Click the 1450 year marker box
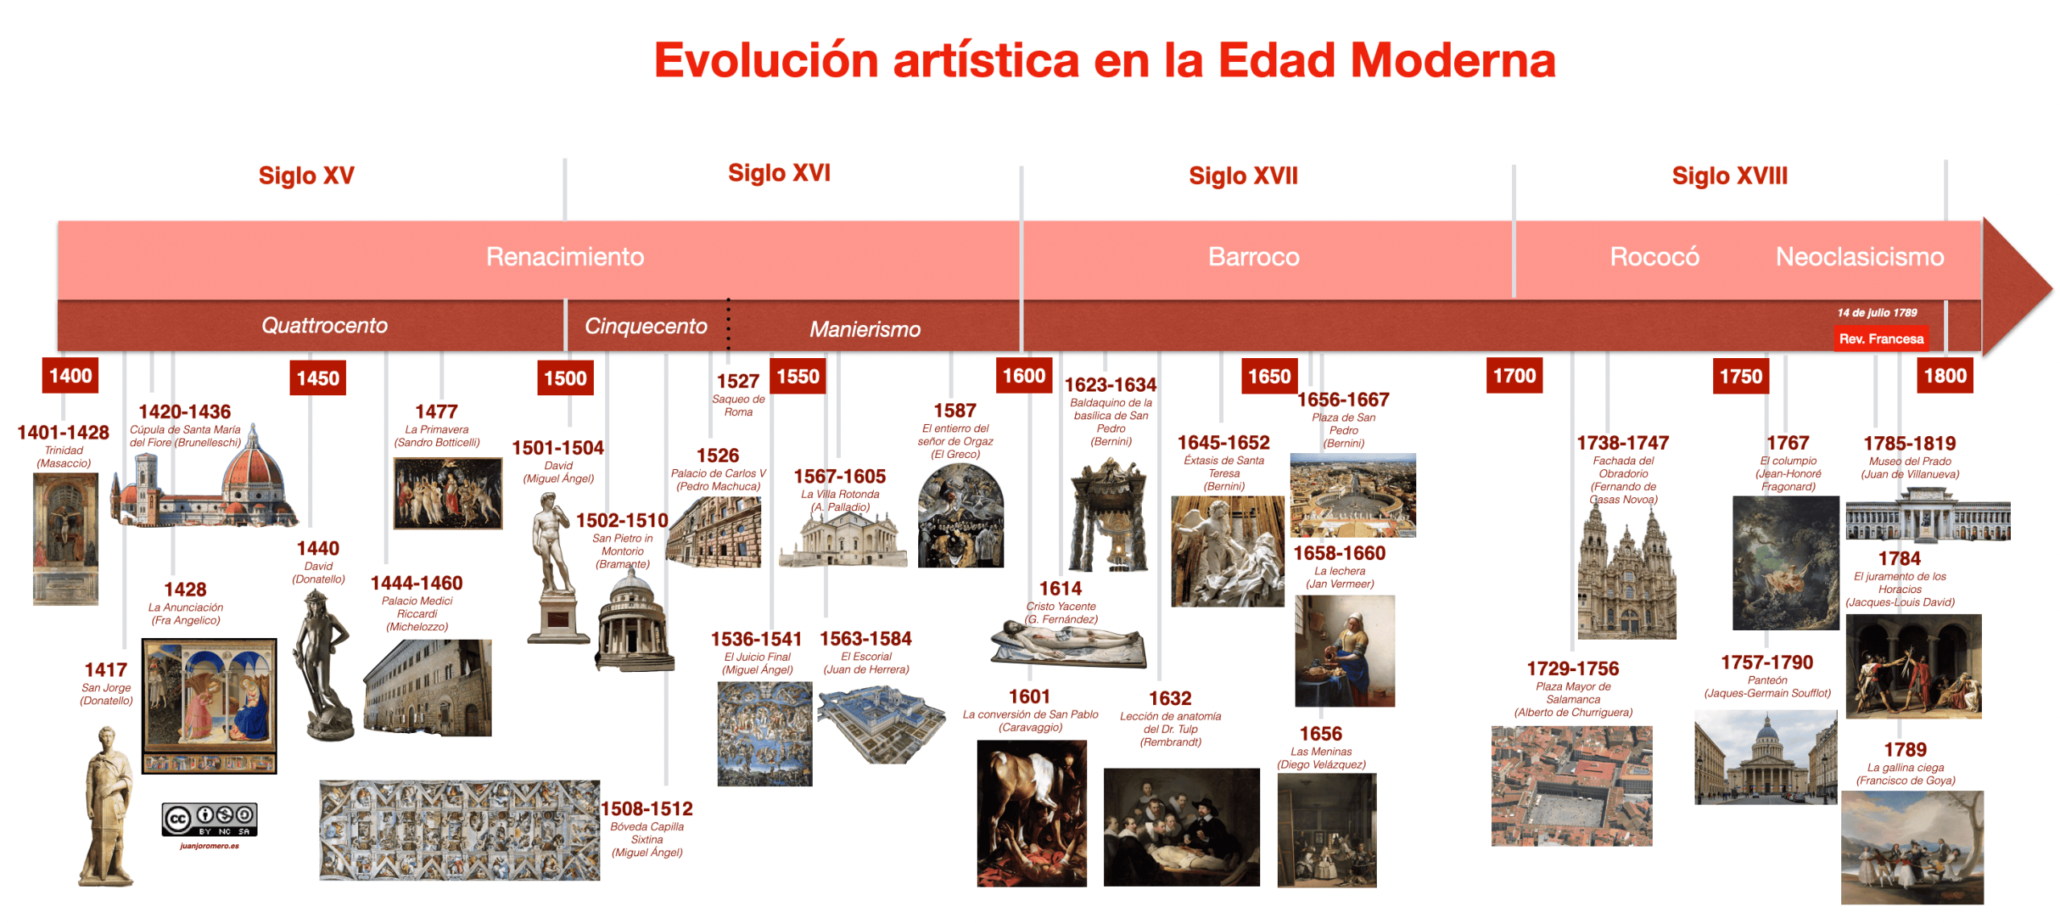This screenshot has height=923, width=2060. pyautogui.click(x=317, y=377)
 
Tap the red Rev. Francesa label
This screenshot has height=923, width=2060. pyautogui.click(x=1881, y=339)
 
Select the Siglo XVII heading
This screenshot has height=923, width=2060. pyautogui.click(x=1242, y=175)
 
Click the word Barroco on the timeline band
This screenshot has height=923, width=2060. pyautogui.click(x=1253, y=257)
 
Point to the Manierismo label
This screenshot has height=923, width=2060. pyautogui.click(x=864, y=329)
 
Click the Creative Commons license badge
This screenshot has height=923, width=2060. pyautogui.click(x=209, y=820)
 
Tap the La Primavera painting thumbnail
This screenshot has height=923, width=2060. pyautogui.click(x=447, y=493)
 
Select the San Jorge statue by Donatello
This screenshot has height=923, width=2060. pyautogui.click(x=106, y=806)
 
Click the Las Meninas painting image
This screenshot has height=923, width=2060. pyautogui.click(x=1326, y=830)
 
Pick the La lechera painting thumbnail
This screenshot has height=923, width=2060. pyautogui.click(x=1344, y=651)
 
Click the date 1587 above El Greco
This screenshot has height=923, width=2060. pyautogui.click(x=954, y=410)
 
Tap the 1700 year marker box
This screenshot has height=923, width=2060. pyautogui.click(x=1514, y=376)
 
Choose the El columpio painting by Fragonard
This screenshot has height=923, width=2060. pyautogui.click(x=1785, y=562)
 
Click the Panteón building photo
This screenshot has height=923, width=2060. pyautogui.click(x=1765, y=756)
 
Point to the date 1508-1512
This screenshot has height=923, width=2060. pyautogui.click(x=646, y=808)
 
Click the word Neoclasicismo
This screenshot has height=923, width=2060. pyautogui.click(x=1859, y=257)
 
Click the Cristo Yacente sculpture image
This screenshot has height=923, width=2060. pyautogui.click(x=1069, y=643)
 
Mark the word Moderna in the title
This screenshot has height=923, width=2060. pyautogui.click(x=1452, y=60)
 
